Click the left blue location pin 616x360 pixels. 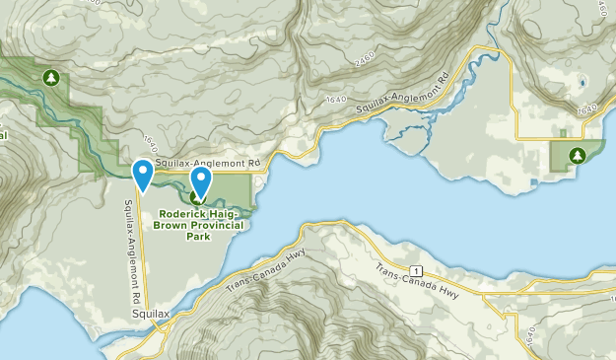point(143,175)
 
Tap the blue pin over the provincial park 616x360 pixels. point(201,180)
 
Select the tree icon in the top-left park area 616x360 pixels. point(50,76)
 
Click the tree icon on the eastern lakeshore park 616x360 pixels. point(576,154)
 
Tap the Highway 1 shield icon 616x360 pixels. point(417,269)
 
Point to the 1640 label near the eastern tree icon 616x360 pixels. point(588,110)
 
